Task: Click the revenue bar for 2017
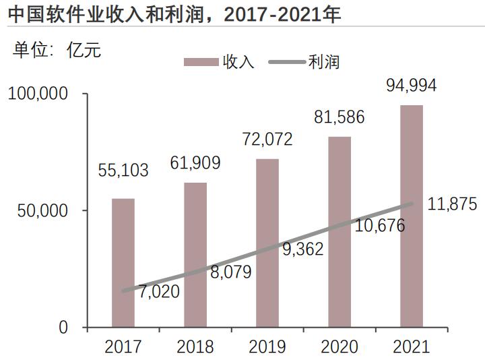coord(123,263)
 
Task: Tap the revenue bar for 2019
coord(267,243)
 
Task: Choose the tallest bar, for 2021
coord(412,216)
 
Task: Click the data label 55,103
coord(123,171)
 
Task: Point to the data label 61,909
coord(195,162)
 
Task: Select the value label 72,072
coord(267,140)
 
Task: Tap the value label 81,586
coord(339,117)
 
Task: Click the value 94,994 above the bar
coord(412,86)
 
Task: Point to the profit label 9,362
coord(302,249)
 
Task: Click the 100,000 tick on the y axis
coord(38,94)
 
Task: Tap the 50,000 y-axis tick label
coord(42,210)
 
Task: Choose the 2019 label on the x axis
coord(267,347)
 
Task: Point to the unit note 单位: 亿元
coord(57,50)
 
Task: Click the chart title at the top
coord(174,13)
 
